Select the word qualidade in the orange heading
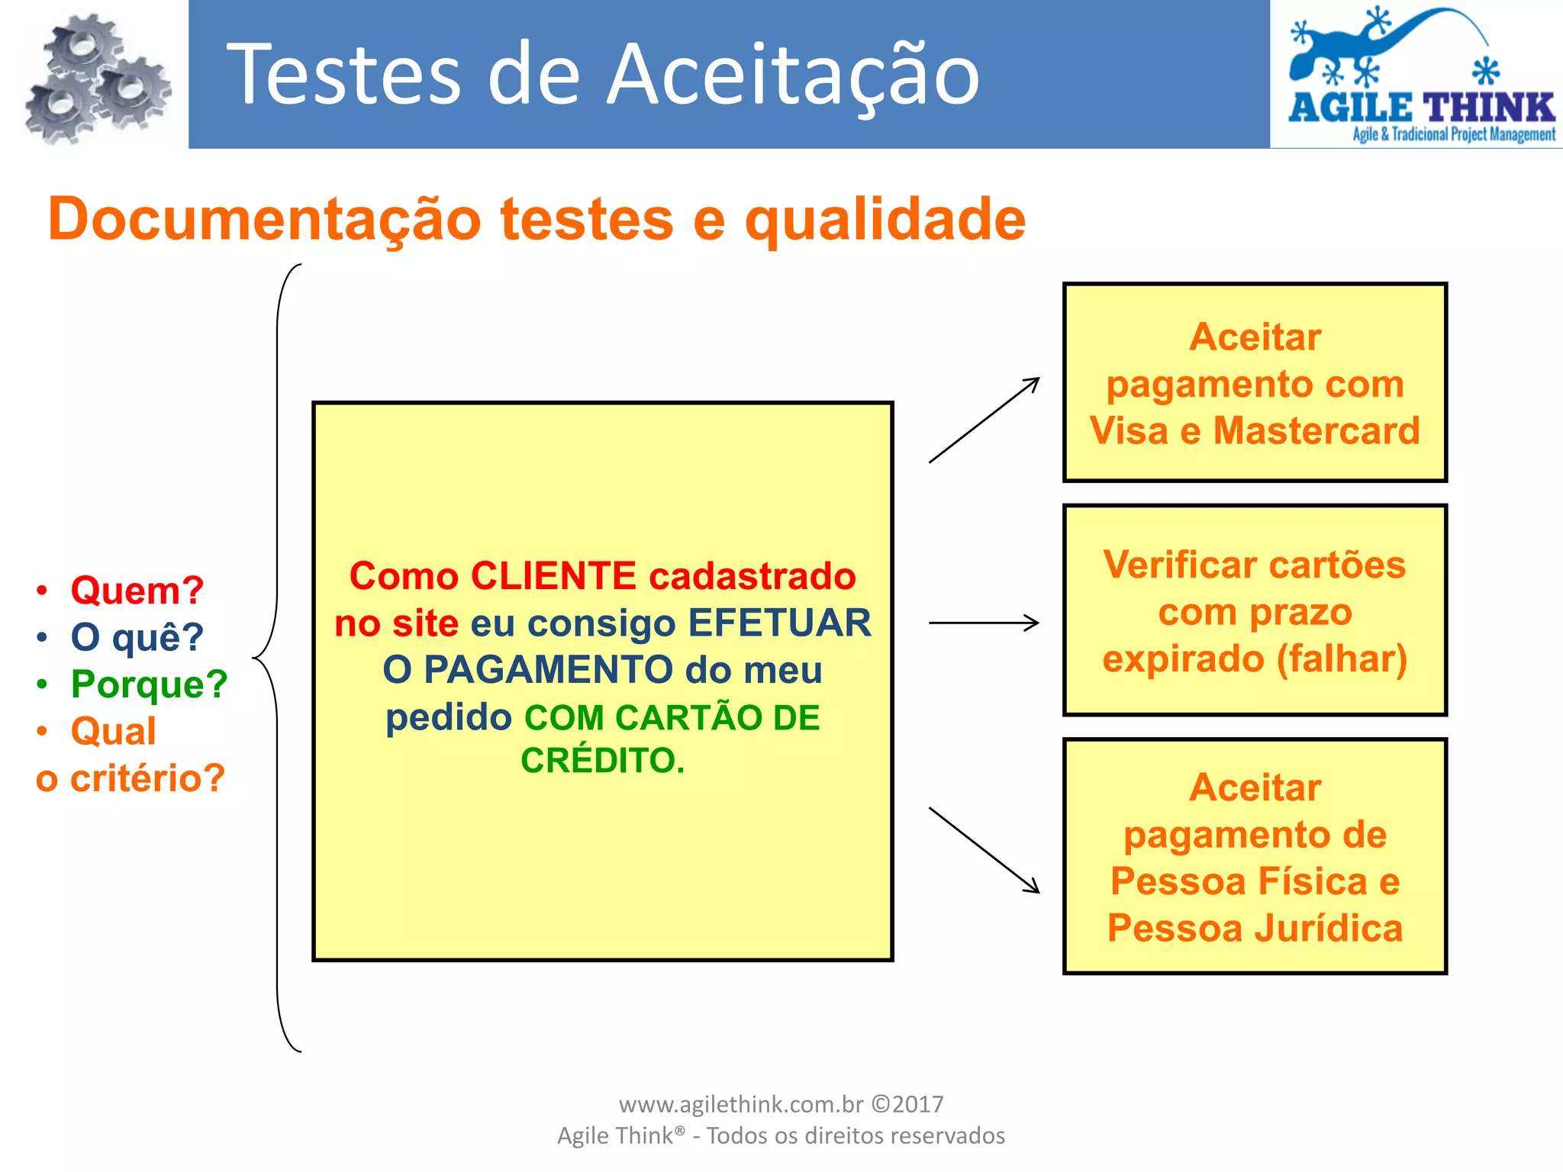pos(885,219)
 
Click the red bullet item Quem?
pos(137,590)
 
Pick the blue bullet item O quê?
pos(137,636)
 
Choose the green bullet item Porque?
pos(149,684)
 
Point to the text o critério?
pos(131,778)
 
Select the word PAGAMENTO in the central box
pos(547,670)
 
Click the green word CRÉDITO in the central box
pos(602,761)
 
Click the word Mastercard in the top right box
pos(1316,430)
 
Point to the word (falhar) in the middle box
pos(1342,658)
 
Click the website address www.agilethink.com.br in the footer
pos(740,1104)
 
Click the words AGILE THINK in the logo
pos(1421,108)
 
